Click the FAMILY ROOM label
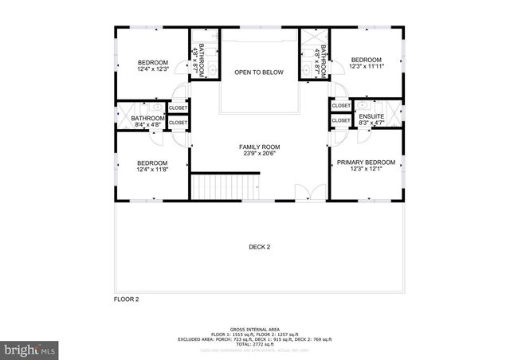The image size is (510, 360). (260, 147)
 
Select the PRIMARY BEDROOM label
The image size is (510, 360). (367, 162)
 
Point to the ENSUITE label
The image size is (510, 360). (372, 116)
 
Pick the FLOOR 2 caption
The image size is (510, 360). (127, 299)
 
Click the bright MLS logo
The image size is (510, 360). (29, 349)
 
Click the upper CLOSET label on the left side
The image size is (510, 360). (178, 108)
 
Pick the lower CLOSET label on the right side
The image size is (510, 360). (341, 120)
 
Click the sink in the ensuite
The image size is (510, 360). (363, 105)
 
